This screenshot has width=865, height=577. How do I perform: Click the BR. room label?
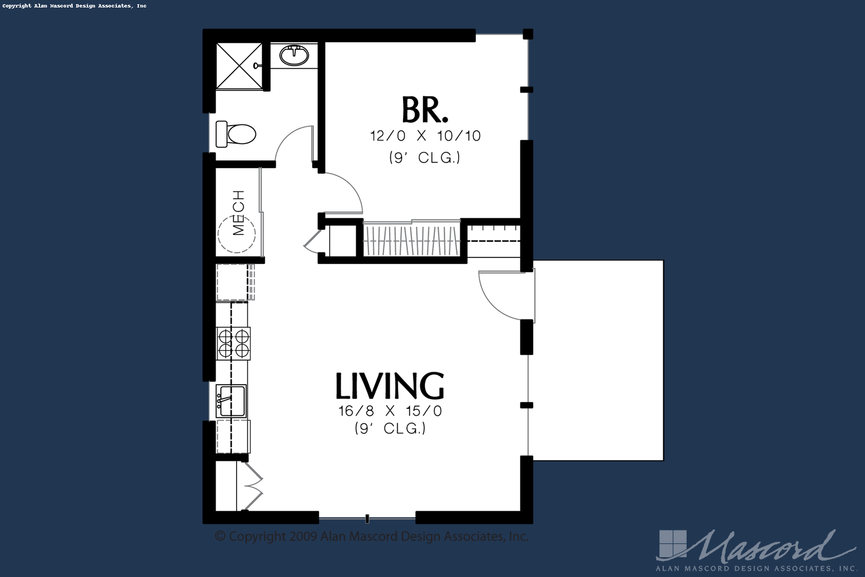point(425,110)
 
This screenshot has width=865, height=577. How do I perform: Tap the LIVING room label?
point(390,385)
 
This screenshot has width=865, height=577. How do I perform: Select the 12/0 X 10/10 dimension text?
point(425,136)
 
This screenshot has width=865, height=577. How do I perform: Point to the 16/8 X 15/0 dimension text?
point(390,411)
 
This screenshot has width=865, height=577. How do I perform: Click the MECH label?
point(239,213)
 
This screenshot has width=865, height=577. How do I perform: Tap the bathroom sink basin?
point(294,56)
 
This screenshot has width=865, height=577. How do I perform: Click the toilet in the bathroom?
point(235,134)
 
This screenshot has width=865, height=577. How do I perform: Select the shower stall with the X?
point(239,66)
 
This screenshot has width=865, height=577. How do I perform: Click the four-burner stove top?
point(233,344)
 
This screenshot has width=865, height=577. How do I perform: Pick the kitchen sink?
point(231,401)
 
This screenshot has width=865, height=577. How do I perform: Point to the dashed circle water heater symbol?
point(237,234)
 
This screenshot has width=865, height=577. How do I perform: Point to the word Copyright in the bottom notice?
point(257,536)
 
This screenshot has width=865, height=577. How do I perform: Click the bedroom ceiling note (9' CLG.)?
point(425,157)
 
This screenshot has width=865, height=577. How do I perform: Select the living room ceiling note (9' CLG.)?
point(390,428)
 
